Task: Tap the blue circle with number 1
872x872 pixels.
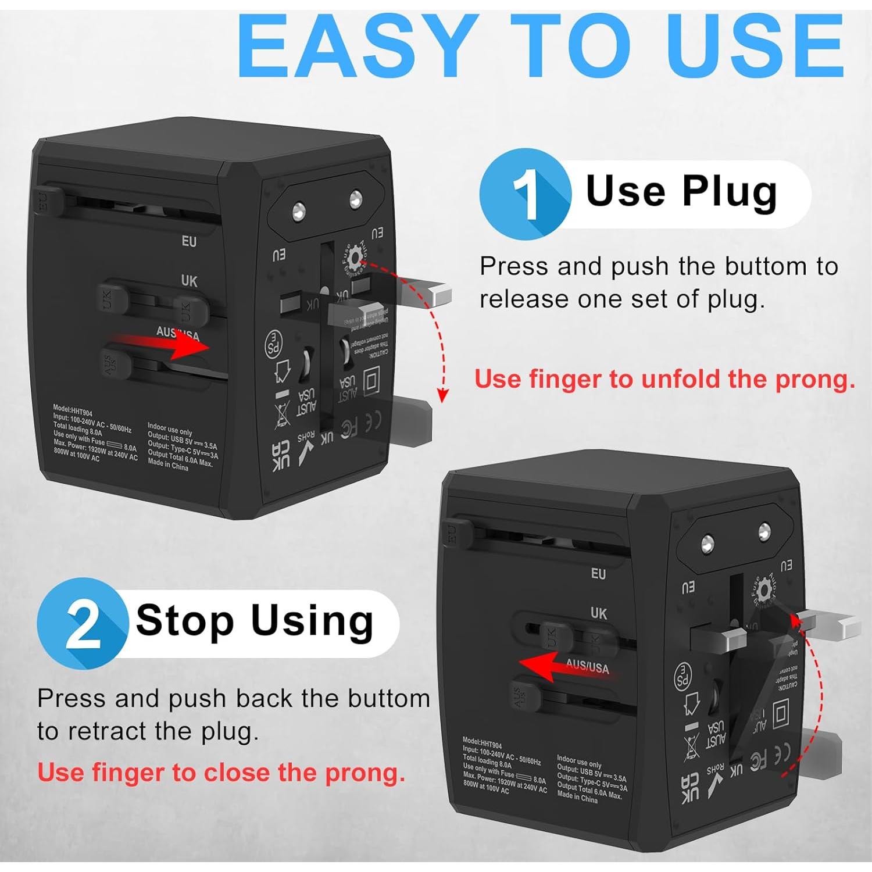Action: (x=525, y=194)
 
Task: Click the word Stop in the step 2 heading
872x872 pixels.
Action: (x=185, y=621)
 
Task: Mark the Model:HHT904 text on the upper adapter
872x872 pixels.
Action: (x=72, y=410)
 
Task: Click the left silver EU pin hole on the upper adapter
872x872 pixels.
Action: (x=299, y=210)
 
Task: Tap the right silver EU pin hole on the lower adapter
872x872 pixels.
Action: (x=764, y=531)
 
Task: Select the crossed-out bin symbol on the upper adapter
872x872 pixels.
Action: (x=282, y=413)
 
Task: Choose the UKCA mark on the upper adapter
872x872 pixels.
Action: (x=281, y=456)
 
